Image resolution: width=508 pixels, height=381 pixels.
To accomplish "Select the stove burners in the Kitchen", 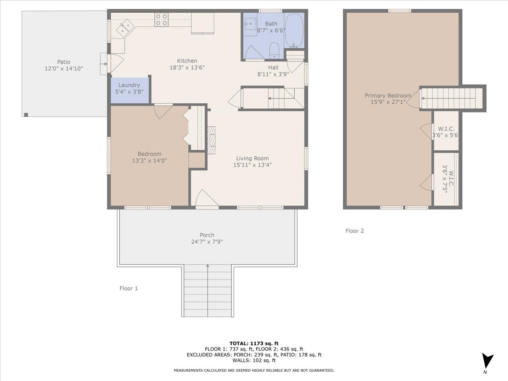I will pyautogui.click(x=161, y=20).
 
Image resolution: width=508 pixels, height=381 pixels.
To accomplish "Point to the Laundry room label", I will pyautogui.click(x=129, y=85).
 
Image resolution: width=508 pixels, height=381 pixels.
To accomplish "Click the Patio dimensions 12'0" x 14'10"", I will pyautogui.click(x=64, y=68).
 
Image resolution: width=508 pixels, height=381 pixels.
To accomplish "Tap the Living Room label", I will pyautogui.click(x=252, y=158).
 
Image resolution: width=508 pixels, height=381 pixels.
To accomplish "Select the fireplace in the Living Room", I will pyautogui.click(x=212, y=140).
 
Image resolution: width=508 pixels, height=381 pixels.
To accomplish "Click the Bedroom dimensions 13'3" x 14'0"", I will pyautogui.click(x=149, y=160).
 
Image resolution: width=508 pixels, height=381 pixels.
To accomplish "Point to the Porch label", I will pyautogui.click(x=207, y=235).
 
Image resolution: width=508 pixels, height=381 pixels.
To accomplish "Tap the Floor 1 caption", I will pyautogui.click(x=129, y=288).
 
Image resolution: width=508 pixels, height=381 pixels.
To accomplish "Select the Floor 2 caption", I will pyautogui.click(x=355, y=231).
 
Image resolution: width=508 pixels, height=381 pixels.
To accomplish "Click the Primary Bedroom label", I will pyautogui.click(x=388, y=96).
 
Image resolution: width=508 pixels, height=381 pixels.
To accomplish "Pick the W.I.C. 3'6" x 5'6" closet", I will pyautogui.click(x=446, y=132).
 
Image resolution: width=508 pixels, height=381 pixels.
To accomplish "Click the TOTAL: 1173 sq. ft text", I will pyautogui.click(x=254, y=343).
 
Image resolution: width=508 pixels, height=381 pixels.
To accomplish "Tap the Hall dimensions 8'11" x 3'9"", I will pyautogui.click(x=273, y=74).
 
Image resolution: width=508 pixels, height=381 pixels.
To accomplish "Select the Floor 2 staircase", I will pyautogui.click(x=452, y=98).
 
